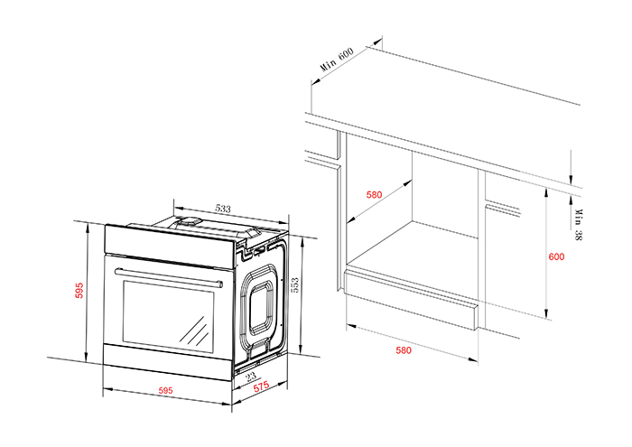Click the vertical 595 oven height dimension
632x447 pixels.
(x=79, y=291)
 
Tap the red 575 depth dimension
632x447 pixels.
(x=261, y=386)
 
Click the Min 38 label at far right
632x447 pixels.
(x=578, y=223)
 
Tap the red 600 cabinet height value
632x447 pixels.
(x=556, y=256)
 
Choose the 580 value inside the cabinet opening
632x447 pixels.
(x=376, y=194)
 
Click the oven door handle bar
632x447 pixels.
(x=168, y=275)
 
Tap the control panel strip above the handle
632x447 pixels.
(x=167, y=244)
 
